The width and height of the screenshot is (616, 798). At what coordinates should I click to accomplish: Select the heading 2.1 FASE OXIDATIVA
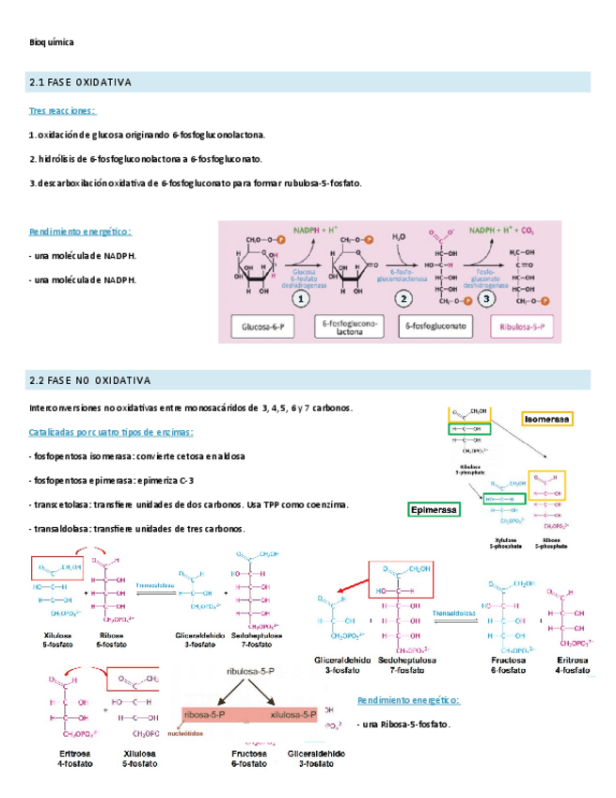pyautogui.click(x=81, y=83)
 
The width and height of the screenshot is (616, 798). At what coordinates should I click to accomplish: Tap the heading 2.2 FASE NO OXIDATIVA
pyautogui.click(x=90, y=380)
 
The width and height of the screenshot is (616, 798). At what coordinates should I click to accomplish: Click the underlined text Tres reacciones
pyautogui.click(x=61, y=111)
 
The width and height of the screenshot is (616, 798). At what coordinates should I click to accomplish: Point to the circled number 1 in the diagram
pyautogui.click(x=299, y=299)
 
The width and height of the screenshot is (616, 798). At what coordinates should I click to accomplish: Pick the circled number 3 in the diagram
pyautogui.click(x=486, y=299)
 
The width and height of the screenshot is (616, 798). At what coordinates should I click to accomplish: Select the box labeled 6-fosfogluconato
pyautogui.click(x=435, y=327)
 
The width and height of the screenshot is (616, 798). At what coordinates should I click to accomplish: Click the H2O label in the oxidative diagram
pyautogui.click(x=400, y=236)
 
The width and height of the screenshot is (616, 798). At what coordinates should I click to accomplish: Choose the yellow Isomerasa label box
pyautogui.click(x=548, y=418)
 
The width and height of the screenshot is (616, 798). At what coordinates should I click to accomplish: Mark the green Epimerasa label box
pyautogui.click(x=434, y=510)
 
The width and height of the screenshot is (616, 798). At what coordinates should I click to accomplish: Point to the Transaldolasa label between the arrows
pyautogui.click(x=456, y=613)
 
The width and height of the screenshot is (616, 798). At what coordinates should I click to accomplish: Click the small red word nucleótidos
pyautogui.click(x=197, y=730)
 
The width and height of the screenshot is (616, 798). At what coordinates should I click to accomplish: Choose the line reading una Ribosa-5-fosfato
pyautogui.click(x=403, y=725)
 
